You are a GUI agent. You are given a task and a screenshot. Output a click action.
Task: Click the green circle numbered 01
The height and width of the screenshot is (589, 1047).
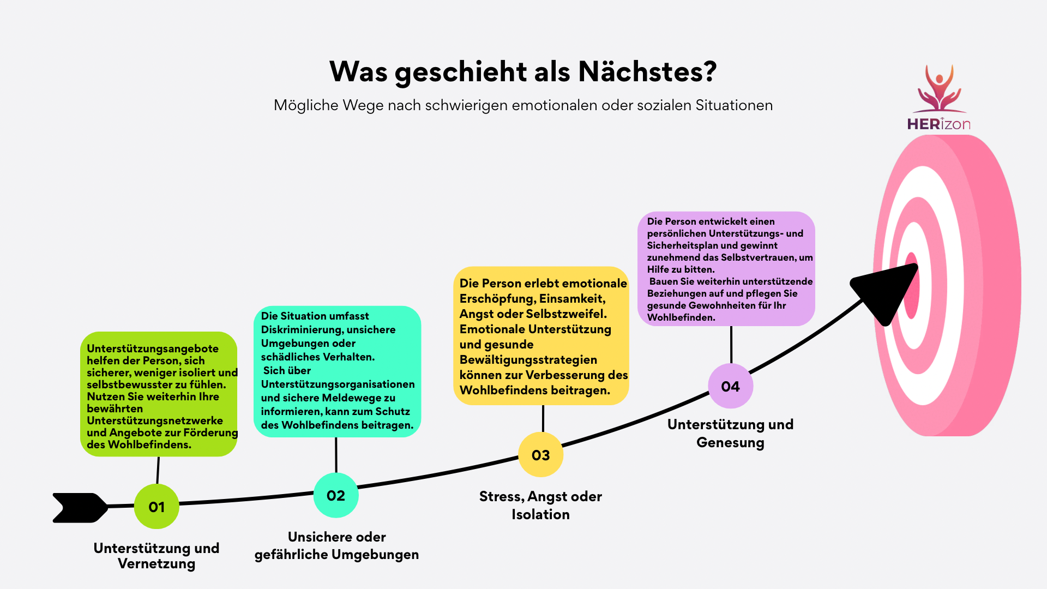[x=157, y=507]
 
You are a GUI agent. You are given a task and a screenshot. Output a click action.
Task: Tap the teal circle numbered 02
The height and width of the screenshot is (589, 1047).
[x=336, y=495]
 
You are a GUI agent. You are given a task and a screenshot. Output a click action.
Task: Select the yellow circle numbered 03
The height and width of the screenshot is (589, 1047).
[x=540, y=455]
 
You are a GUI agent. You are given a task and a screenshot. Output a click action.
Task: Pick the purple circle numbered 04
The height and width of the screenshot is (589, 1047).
[x=731, y=386]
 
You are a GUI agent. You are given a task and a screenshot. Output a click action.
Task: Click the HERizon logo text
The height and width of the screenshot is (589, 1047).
[x=938, y=124]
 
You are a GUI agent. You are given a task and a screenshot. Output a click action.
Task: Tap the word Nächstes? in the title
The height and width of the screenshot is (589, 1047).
[x=647, y=71]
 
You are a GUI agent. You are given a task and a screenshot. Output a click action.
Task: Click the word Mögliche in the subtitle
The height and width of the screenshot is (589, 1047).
[x=306, y=105]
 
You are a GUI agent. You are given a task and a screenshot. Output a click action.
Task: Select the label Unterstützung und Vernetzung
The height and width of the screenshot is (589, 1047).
[x=157, y=556]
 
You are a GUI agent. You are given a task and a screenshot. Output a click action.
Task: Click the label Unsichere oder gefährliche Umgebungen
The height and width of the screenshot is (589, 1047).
[x=336, y=546]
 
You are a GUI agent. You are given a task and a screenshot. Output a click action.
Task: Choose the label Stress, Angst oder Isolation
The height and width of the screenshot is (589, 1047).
[x=540, y=506]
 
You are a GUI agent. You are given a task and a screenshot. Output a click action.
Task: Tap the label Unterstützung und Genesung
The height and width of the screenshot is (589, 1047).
[x=731, y=434]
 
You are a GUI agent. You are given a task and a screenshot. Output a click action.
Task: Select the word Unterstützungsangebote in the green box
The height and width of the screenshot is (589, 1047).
[x=153, y=349]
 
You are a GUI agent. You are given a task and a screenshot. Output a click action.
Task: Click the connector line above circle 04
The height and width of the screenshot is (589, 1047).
[x=731, y=345]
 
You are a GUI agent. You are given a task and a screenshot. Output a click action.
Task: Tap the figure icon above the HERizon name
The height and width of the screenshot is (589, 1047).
[x=939, y=88]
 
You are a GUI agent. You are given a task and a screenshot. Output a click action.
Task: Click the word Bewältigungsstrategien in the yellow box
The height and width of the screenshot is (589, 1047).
[x=528, y=360]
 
